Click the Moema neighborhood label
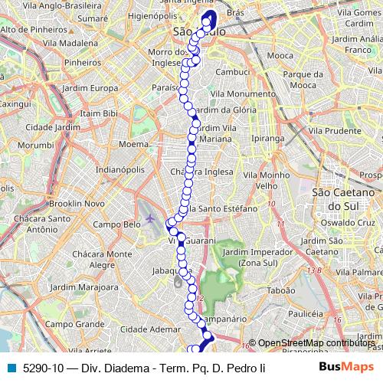click(x=133, y=143)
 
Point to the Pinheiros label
click(x=83, y=62)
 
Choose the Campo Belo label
click(x=116, y=224)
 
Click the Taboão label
click(x=280, y=291)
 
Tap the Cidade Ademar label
click(x=155, y=329)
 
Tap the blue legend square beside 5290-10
click(x=11, y=367)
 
